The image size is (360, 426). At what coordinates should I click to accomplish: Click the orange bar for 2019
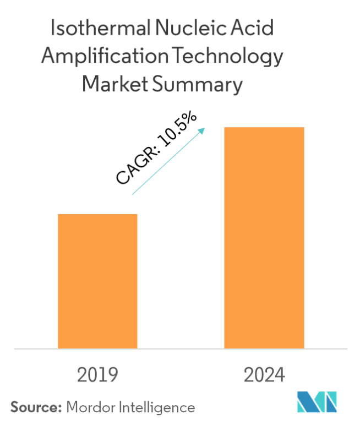(97, 281)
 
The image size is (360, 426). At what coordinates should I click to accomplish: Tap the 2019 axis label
(97, 375)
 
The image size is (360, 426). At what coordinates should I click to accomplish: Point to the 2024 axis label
(264, 375)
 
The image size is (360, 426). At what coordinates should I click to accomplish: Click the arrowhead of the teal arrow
(202, 130)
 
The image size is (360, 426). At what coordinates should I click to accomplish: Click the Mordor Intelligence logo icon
(316, 402)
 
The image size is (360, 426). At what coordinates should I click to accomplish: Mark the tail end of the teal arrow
(133, 194)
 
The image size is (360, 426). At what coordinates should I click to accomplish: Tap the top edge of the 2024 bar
(264, 128)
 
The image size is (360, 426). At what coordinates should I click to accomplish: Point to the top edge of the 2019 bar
(97, 214)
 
